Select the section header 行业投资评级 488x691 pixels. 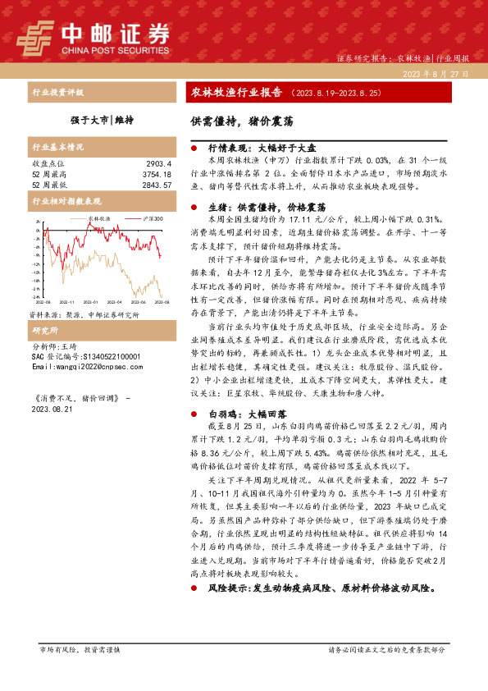coord(57,93)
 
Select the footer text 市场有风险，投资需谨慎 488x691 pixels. coord(80,672)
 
